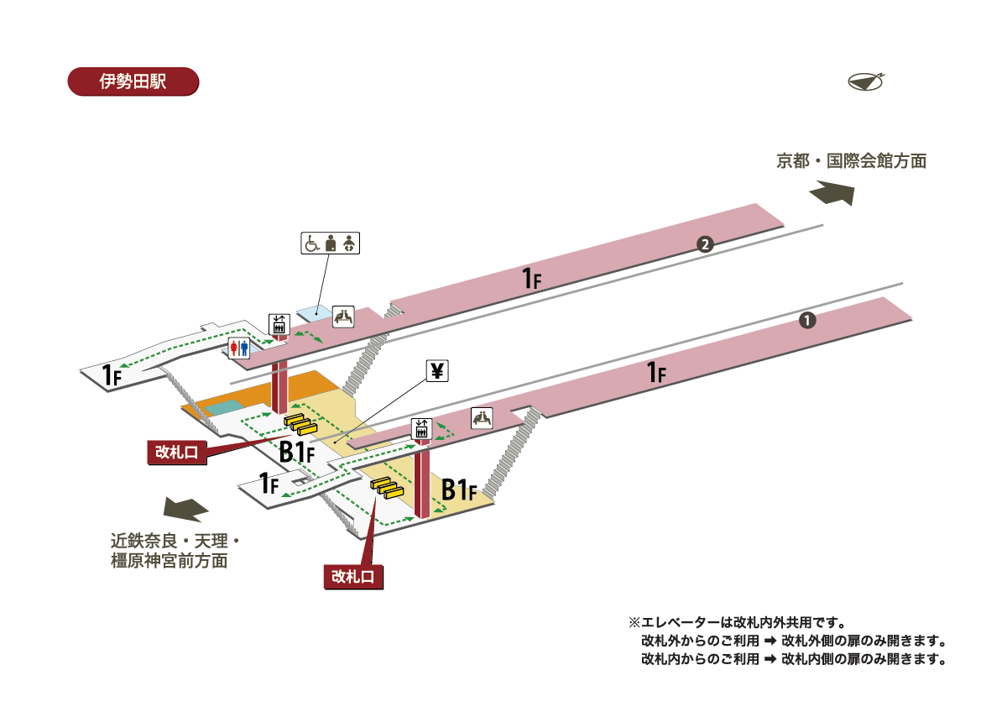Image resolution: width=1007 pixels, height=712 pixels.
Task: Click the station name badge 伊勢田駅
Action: [133, 81]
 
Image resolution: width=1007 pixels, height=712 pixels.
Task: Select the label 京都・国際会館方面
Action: [851, 161]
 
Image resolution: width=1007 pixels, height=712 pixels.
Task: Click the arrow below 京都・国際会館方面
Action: [832, 193]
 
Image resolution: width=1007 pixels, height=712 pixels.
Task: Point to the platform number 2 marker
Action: [705, 245]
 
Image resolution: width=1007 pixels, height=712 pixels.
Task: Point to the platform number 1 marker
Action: [806, 320]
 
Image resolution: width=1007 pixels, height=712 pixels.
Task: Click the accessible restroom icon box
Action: [330, 243]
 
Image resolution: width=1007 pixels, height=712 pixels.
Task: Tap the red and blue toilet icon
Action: [239, 348]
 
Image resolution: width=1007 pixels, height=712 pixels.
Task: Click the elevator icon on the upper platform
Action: [279, 324]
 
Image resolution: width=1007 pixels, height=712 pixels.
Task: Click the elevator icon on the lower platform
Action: [421, 428]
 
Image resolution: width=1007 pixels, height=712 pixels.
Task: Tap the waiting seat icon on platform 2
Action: [344, 317]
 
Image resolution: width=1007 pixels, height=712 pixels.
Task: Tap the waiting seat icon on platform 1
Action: [481, 418]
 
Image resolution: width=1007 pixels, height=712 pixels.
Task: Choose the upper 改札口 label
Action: [176, 452]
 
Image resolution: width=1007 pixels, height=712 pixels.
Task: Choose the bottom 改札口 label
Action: [353, 576]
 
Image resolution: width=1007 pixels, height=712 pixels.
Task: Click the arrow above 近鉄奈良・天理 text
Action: [185, 509]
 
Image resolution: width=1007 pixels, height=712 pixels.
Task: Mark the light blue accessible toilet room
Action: [315, 311]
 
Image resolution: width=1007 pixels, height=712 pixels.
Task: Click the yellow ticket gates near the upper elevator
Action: [300, 425]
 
